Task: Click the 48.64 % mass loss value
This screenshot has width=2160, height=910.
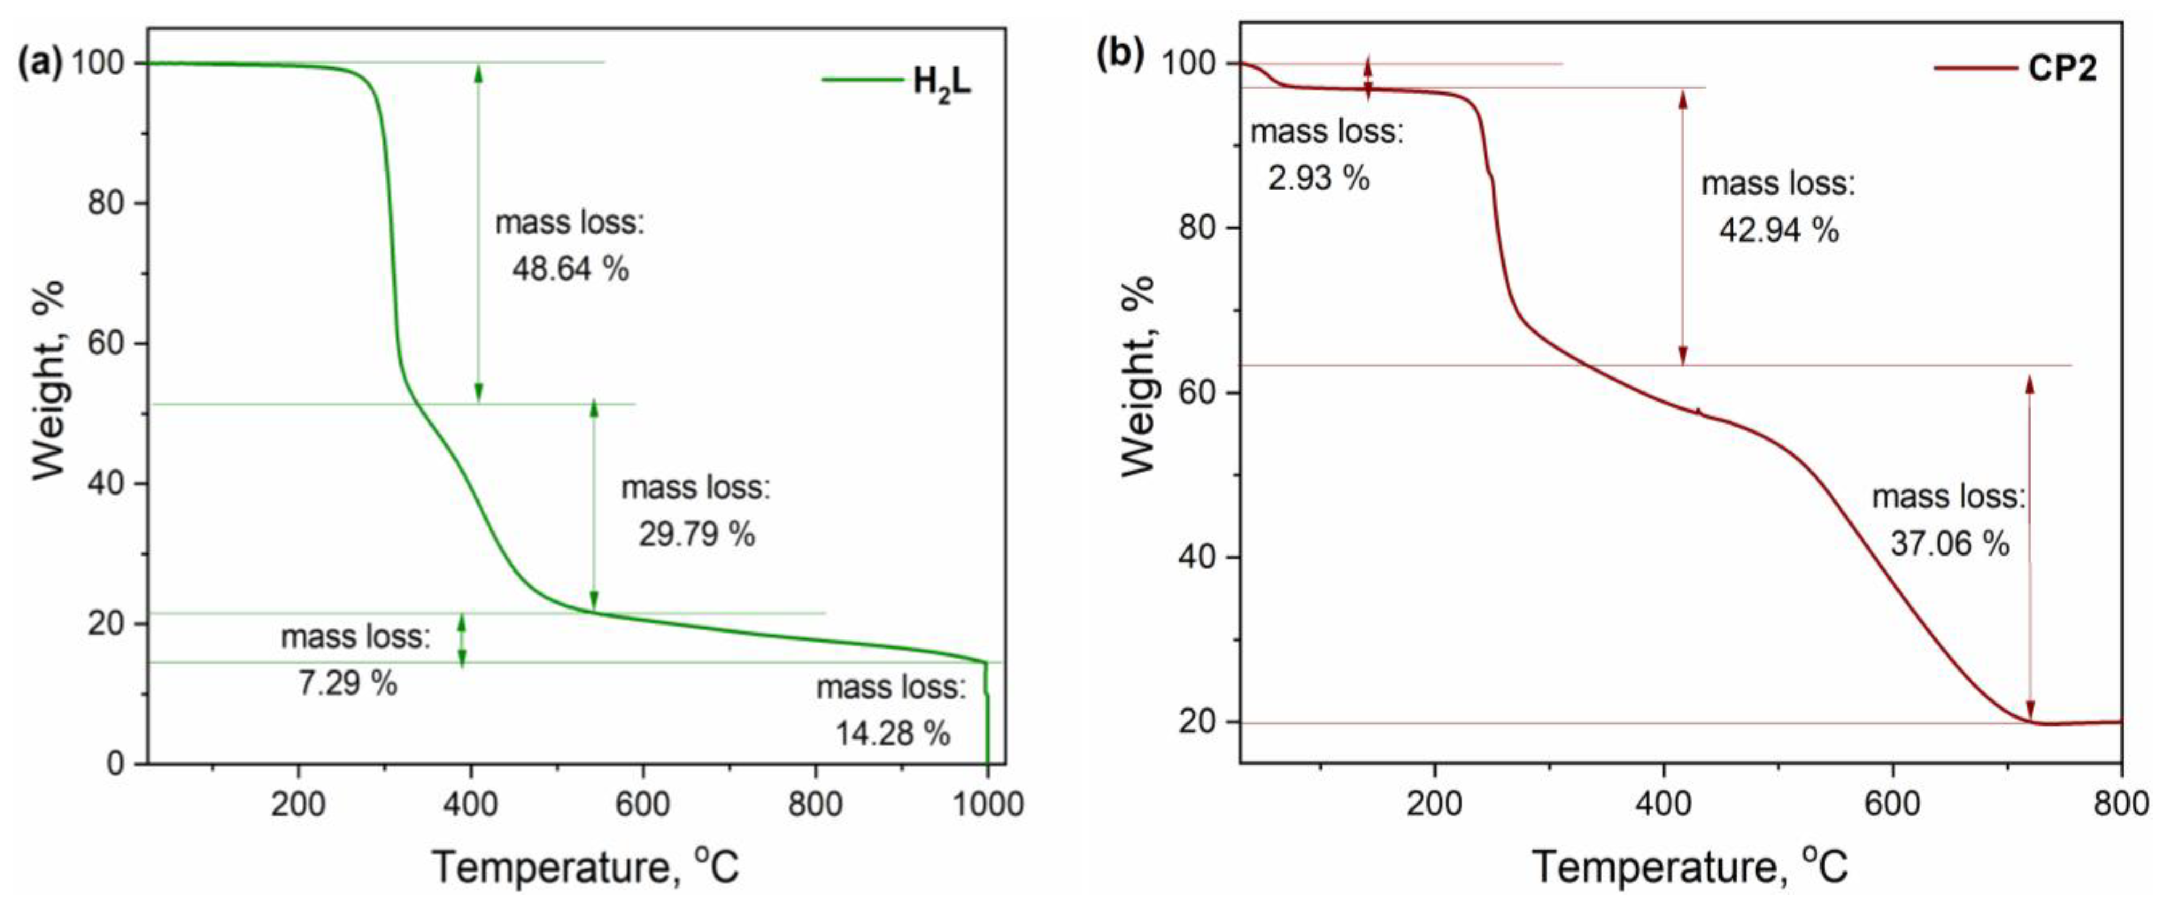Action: point(570,269)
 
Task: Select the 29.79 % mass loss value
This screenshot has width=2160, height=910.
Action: point(697,534)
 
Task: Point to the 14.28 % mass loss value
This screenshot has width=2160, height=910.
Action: point(892,734)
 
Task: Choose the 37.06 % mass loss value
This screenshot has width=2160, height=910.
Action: point(1949,543)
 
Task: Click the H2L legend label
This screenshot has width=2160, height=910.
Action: point(942,83)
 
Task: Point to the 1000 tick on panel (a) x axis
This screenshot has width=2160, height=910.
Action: point(988,804)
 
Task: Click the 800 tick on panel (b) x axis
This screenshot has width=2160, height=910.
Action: point(2120,804)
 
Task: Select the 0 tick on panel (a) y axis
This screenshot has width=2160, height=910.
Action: point(115,763)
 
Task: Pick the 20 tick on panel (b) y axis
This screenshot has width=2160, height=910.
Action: point(1198,722)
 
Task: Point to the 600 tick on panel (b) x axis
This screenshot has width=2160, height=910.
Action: point(1892,804)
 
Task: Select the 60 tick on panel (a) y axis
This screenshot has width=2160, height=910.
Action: point(106,343)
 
